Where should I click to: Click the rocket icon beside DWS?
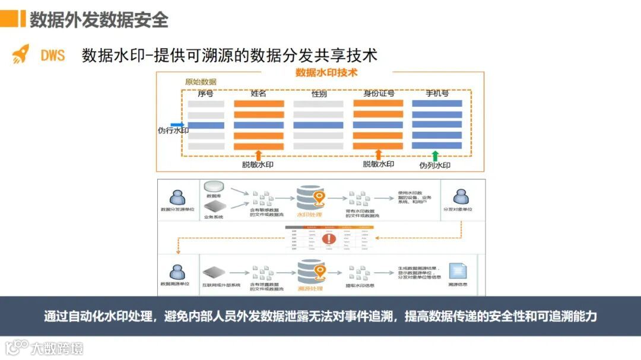[x=21, y=54]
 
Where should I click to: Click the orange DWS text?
[x=53, y=55]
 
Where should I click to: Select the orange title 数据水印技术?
[x=326, y=73]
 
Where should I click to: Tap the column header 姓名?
[x=258, y=94]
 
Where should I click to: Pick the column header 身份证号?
[x=379, y=94]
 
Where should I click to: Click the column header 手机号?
[x=437, y=94]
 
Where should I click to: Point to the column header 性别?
[x=318, y=94]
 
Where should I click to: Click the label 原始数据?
[x=201, y=82]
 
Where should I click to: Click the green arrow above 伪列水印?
[x=435, y=156]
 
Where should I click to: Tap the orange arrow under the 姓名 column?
[x=258, y=155]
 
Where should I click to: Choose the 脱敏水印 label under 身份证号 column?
[x=379, y=164]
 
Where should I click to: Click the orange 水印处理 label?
[x=309, y=215]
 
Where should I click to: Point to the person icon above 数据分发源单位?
[x=177, y=197]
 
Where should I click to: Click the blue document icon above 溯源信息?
[x=457, y=271]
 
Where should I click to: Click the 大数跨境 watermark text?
[x=58, y=348]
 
